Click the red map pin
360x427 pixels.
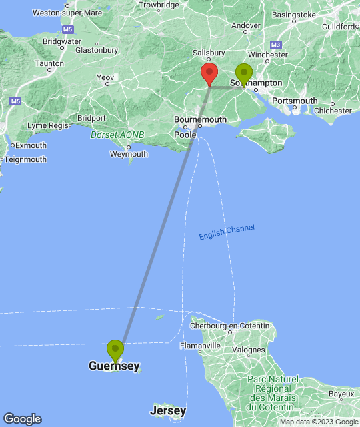click(209, 74)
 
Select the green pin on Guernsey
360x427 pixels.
click(115, 350)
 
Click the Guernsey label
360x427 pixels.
click(114, 366)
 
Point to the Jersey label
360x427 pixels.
click(168, 410)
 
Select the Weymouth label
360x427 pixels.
click(129, 154)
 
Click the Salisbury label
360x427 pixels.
click(207, 53)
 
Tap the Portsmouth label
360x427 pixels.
click(295, 101)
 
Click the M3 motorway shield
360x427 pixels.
click(276, 45)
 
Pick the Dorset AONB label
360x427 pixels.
click(117, 135)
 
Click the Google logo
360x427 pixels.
click(22, 419)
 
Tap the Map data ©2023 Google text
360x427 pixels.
click(318, 422)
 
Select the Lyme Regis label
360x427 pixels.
click(47, 125)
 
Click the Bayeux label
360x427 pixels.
click(342, 394)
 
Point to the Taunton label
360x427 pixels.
click(49, 64)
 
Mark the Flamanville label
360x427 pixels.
click(200, 346)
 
